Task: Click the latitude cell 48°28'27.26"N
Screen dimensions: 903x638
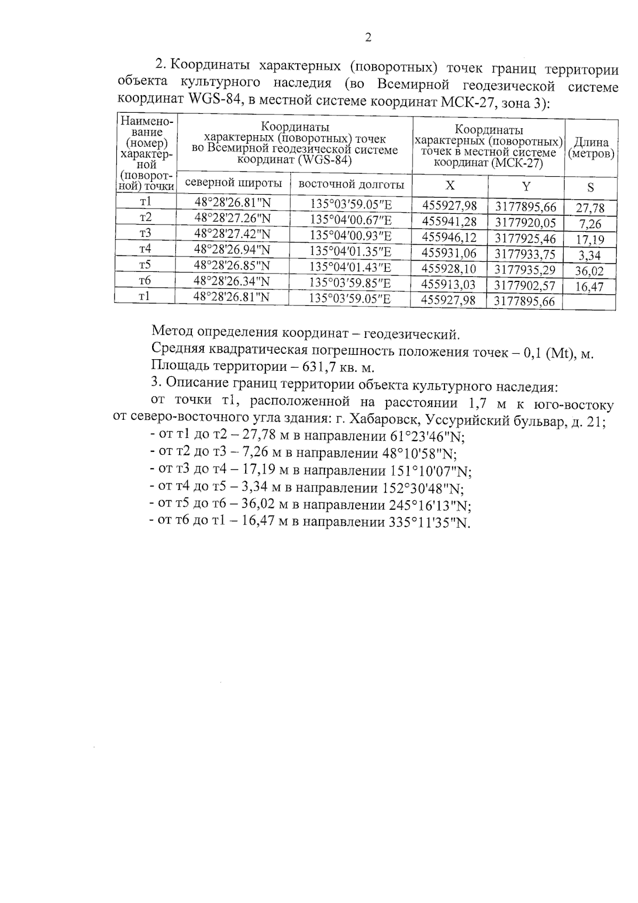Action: (x=233, y=218)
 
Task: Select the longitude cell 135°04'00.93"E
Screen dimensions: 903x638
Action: (x=351, y=235)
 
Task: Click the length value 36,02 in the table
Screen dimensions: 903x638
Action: (x=589, y=271)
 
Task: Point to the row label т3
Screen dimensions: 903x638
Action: (x=145, y=233)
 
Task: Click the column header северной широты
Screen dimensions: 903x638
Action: (x=233, y=183)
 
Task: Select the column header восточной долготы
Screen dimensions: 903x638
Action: (x=351, y=185)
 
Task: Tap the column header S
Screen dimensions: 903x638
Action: (x=590, y=187)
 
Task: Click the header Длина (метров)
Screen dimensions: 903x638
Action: (x=591, y=148)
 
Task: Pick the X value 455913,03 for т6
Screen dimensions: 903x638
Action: (x=448, y=285)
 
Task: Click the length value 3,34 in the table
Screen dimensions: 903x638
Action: (x=589, y=255)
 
